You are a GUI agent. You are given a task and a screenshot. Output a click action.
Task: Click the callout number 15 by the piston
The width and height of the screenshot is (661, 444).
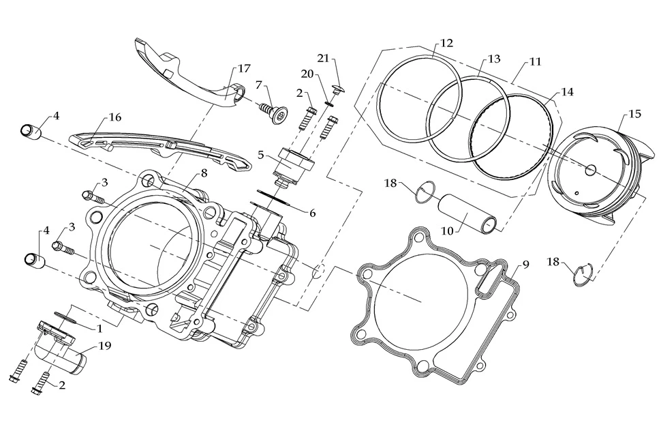634,115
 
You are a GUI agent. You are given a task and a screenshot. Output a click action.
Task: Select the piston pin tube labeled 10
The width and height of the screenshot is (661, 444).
470,213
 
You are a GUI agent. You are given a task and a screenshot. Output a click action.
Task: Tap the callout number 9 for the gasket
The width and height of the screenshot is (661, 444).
525,264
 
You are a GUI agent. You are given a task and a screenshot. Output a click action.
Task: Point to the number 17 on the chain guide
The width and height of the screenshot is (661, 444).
244,69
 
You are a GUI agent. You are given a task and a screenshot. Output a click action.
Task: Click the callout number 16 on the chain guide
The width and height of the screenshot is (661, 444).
114,117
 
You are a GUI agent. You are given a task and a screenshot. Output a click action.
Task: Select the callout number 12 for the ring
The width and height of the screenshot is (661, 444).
446,42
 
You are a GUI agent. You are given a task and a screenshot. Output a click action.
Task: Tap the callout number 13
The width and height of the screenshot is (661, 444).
494,59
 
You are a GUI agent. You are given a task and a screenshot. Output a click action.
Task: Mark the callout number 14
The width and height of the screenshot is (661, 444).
566,91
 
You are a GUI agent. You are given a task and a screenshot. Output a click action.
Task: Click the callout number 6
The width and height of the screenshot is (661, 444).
312,213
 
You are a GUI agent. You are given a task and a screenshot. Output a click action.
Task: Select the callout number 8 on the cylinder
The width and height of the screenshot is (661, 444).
203,173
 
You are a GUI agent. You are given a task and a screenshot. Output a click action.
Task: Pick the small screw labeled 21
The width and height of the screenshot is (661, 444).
337,88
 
